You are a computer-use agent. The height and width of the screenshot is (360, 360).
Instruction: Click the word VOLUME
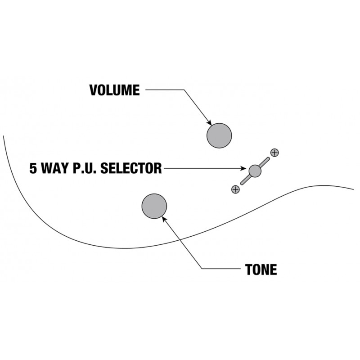[x=114, y=90]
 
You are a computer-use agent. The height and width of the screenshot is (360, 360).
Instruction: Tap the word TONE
[x=261, y=270]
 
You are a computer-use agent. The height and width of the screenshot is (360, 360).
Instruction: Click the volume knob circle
[x=219, y=135]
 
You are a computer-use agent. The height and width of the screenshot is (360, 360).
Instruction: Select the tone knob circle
[x=154, y=206]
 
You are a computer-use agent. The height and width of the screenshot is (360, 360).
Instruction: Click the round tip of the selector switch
[x=255, y=171]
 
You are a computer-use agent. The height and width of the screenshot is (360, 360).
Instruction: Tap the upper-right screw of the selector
[x=274, y=152]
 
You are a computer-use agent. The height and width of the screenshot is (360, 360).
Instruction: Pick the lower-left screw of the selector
[x=235, y=189]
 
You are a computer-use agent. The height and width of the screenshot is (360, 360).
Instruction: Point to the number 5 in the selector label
[x=33, y=169]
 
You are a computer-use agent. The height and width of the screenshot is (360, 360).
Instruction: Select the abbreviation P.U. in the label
[x=83, y=169]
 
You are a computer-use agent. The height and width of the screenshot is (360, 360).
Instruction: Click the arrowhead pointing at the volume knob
[x=209, y=123]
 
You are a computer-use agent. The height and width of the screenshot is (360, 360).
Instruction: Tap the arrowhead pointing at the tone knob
[x=164, y=218]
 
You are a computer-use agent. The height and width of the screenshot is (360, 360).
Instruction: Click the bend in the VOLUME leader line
[x=184, y=90]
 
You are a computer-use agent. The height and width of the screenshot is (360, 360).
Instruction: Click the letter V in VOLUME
[x=93, y=90]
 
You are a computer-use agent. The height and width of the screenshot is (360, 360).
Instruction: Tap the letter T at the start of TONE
[x=248, y=270]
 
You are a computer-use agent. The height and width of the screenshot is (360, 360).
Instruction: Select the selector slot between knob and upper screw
[x=265, y=162]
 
